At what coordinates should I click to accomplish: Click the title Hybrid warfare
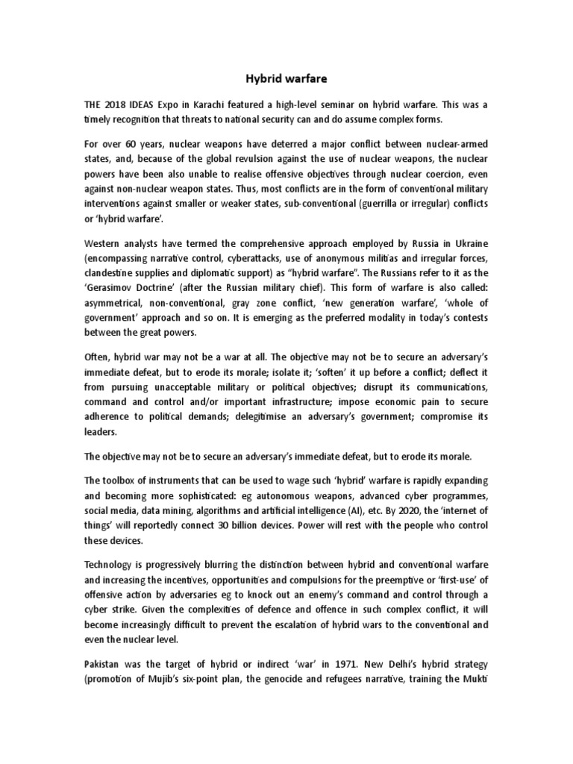286,77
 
